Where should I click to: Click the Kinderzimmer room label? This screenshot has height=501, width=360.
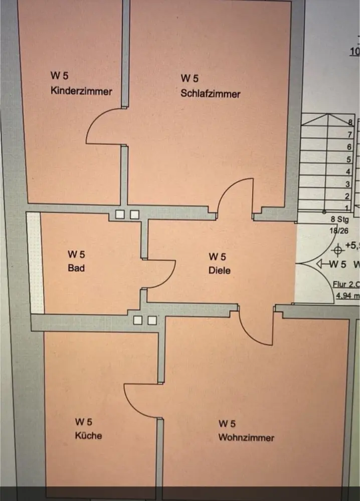[81, 91]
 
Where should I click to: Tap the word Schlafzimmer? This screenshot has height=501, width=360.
[211, 93]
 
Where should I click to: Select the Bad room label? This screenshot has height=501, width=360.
[76, 268]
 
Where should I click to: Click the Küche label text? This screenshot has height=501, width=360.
[88, 435]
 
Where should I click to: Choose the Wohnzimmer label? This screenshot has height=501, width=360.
[246, 437]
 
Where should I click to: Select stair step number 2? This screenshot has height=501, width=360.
[347, 196]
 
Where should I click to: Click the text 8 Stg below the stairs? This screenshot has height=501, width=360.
[339, 219]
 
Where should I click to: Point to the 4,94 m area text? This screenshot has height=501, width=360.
[347, 296]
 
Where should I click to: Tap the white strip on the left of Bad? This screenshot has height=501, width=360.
[35, 263]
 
